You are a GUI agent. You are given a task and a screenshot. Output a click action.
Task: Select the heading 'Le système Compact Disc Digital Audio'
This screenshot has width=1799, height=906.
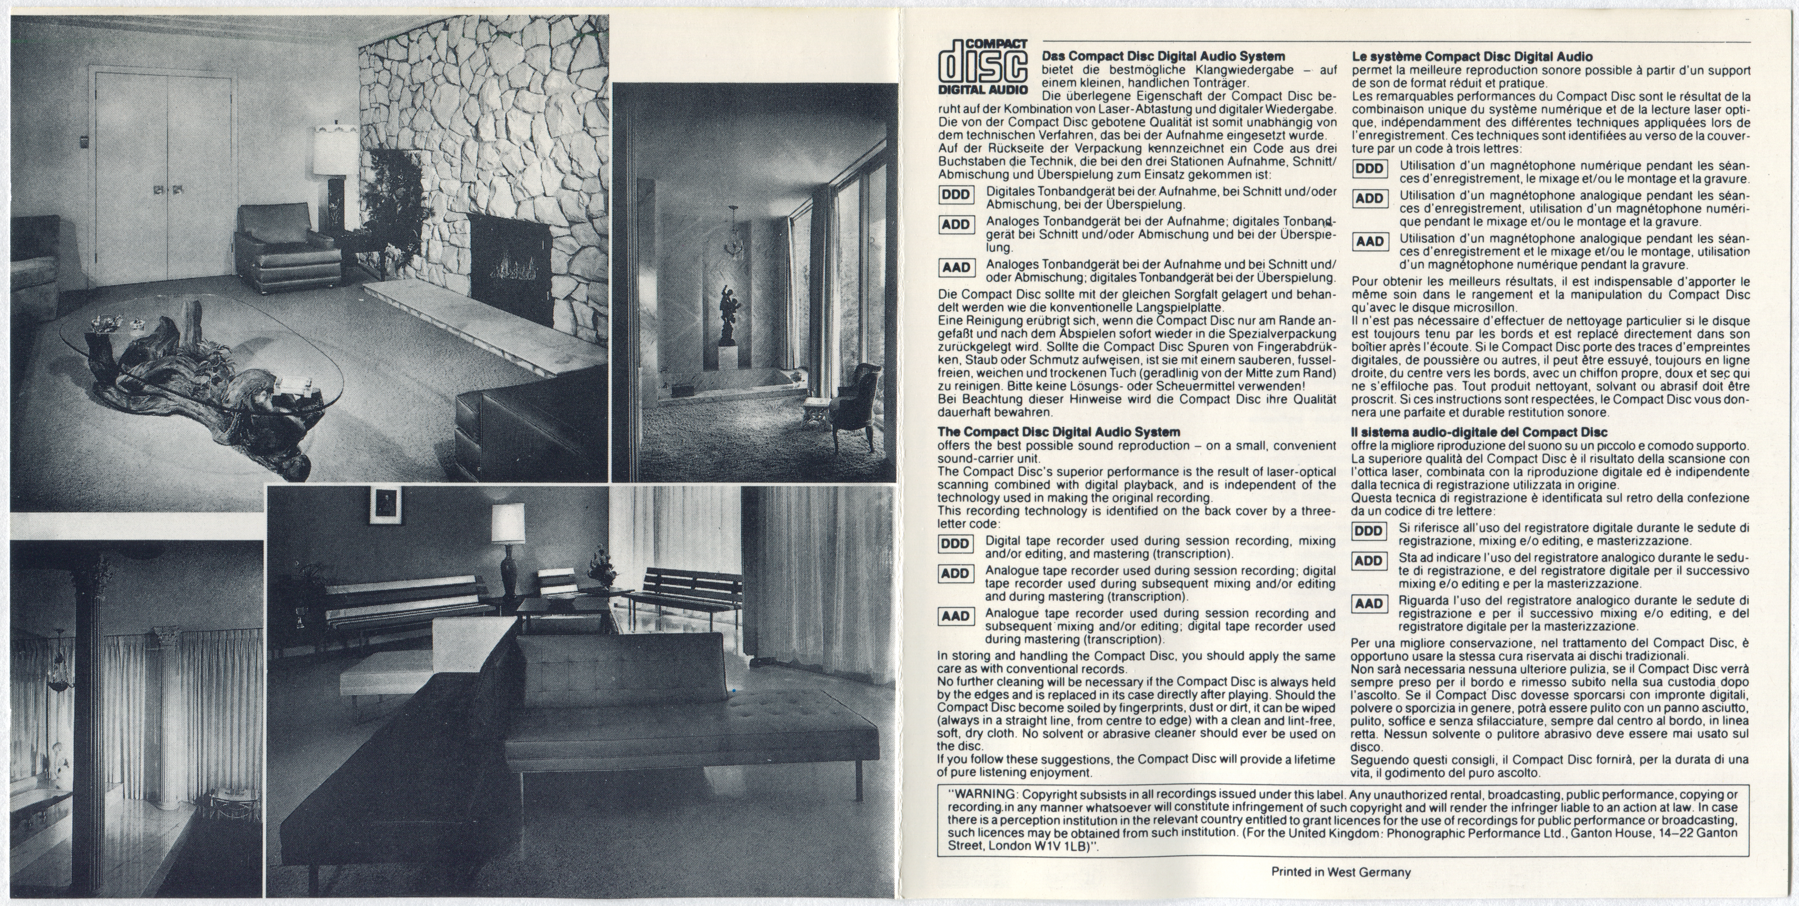click(1472, 56)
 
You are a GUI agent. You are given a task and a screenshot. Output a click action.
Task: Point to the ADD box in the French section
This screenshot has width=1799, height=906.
click(1369, 198)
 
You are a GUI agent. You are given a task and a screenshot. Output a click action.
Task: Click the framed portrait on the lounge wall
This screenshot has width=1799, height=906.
click(385, 505)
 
